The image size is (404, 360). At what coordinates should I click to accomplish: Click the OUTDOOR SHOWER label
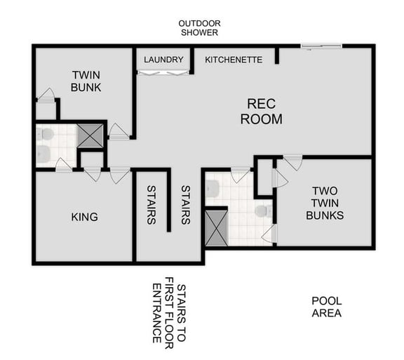[199, 27]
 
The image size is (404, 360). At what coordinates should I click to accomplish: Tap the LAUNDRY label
[163, 60]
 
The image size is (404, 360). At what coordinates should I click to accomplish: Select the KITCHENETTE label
[234, 60]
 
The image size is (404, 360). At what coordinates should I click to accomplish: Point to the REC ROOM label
[261, 111]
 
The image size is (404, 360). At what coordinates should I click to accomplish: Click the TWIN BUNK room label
[86, 81]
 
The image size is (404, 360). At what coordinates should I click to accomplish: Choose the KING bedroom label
[84, 217]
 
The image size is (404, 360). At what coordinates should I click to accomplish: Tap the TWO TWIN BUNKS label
[325, 203]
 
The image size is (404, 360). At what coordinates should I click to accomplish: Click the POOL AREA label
[326, 307]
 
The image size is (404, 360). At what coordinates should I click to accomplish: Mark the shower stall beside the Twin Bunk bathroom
[90, 135]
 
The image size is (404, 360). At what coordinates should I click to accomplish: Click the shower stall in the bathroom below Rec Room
[216, 227]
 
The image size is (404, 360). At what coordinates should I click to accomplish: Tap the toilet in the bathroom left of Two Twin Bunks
[262, 211]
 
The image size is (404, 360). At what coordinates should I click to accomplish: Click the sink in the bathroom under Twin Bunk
[42, 154]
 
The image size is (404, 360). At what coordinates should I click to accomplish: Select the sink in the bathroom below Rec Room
[212, 188]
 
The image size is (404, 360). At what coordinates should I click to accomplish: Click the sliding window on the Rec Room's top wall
[321, 46]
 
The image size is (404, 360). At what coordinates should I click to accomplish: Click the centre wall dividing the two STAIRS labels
[169, 200]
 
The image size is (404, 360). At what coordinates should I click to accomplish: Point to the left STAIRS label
[151, 204]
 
